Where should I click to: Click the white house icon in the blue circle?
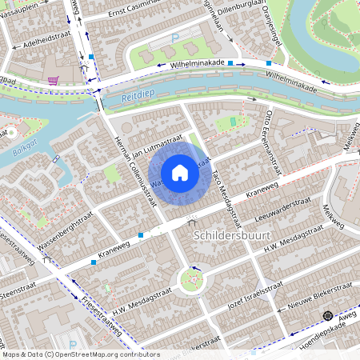(180, 173)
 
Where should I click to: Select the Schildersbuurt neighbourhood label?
(232, 236)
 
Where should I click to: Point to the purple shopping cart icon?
(53, 81)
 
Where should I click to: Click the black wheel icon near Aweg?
(327, 317)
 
